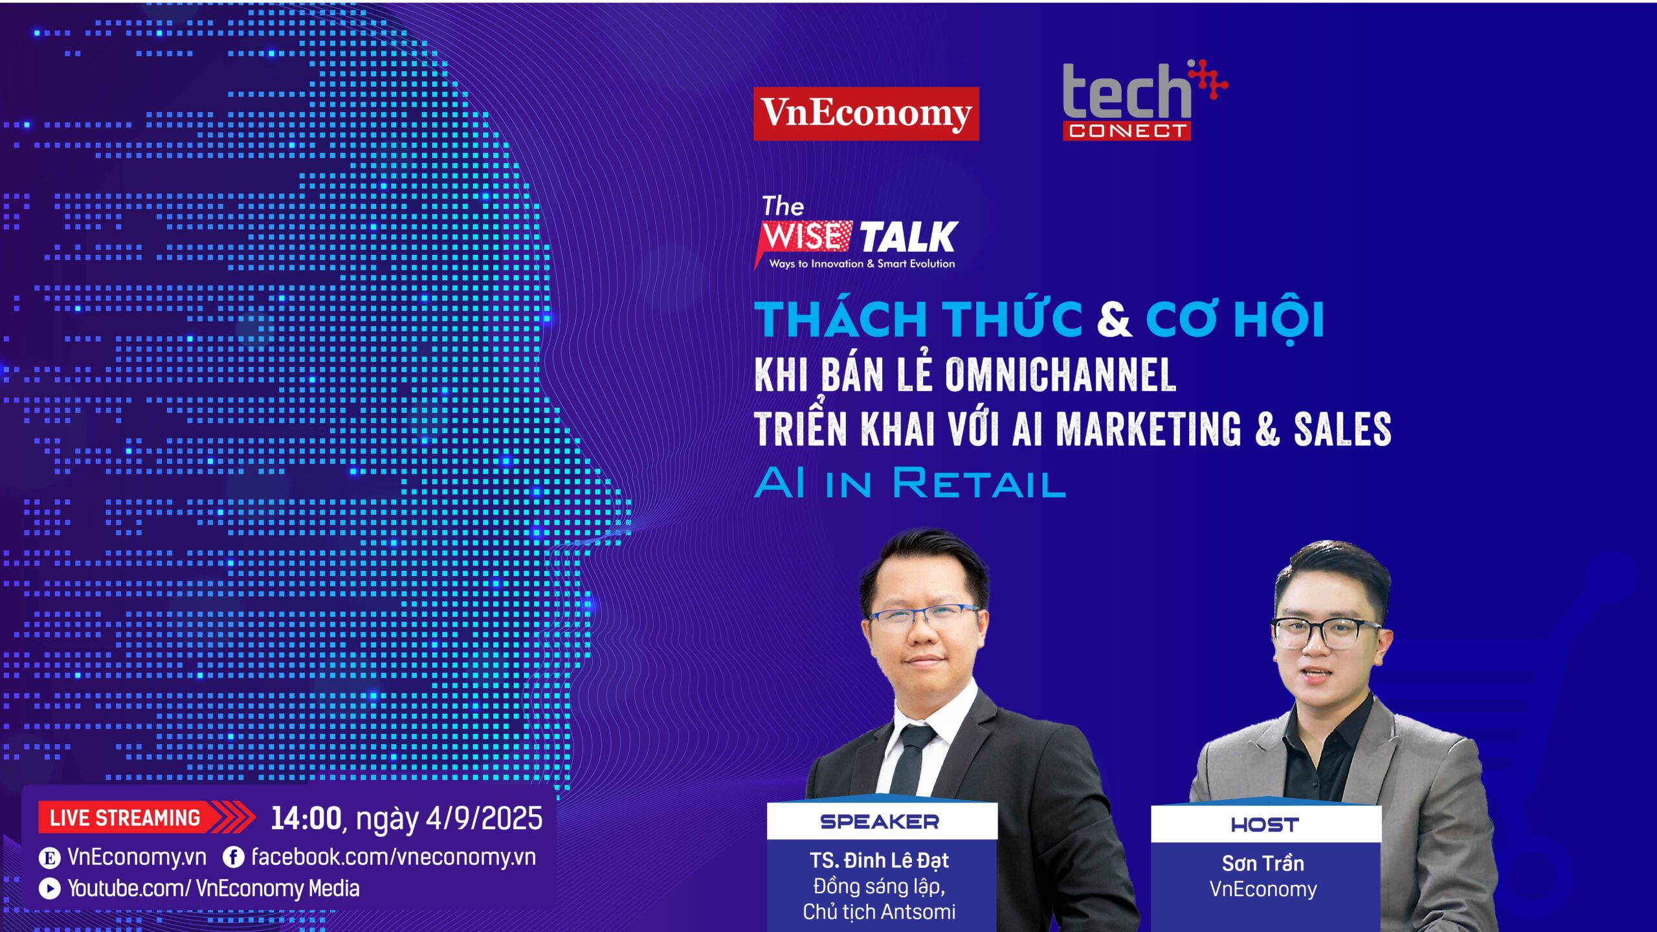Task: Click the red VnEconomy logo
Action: click(x=866, y=113)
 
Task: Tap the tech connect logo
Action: click(x=1144, y=100)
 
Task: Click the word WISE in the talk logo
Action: click(x=803, y=236)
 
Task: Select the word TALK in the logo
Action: click(x=909, y=237)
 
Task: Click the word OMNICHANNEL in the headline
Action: click(x=1060, y=374)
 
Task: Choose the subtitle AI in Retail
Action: click(x=909, y=483)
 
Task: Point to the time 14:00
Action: click(x=306, y=818)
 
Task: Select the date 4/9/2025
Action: click(x=484, y=818)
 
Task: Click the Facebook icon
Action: click(x=233, y=858)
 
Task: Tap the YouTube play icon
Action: click(x=49, y=888)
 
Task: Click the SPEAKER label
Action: click(x=880, y=822)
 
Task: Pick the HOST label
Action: click(x=1265, y=825)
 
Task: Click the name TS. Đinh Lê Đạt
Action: click(x=879, y=860)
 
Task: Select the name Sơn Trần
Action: click(x=1263, y=863)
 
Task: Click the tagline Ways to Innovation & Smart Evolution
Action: click(x=862, y=263)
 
